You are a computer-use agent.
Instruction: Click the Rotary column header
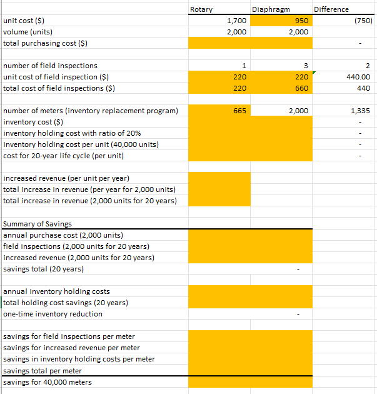coord(201,9)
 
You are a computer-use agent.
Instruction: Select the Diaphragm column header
coord(268,9)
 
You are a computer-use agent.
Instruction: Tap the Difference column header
coord(331,9)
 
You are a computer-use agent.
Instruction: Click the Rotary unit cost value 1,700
coord(236,21)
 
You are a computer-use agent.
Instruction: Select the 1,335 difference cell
coord(361,111)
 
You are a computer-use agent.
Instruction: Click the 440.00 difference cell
coord(359,77)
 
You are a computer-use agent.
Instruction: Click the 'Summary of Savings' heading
coord(38,224)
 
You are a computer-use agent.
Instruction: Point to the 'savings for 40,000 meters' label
coord(48,382)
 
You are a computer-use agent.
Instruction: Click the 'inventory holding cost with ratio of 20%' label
coord(72,133)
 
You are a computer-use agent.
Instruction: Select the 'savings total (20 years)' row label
coord(44,269)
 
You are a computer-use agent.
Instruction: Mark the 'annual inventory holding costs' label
coord(56,291)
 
